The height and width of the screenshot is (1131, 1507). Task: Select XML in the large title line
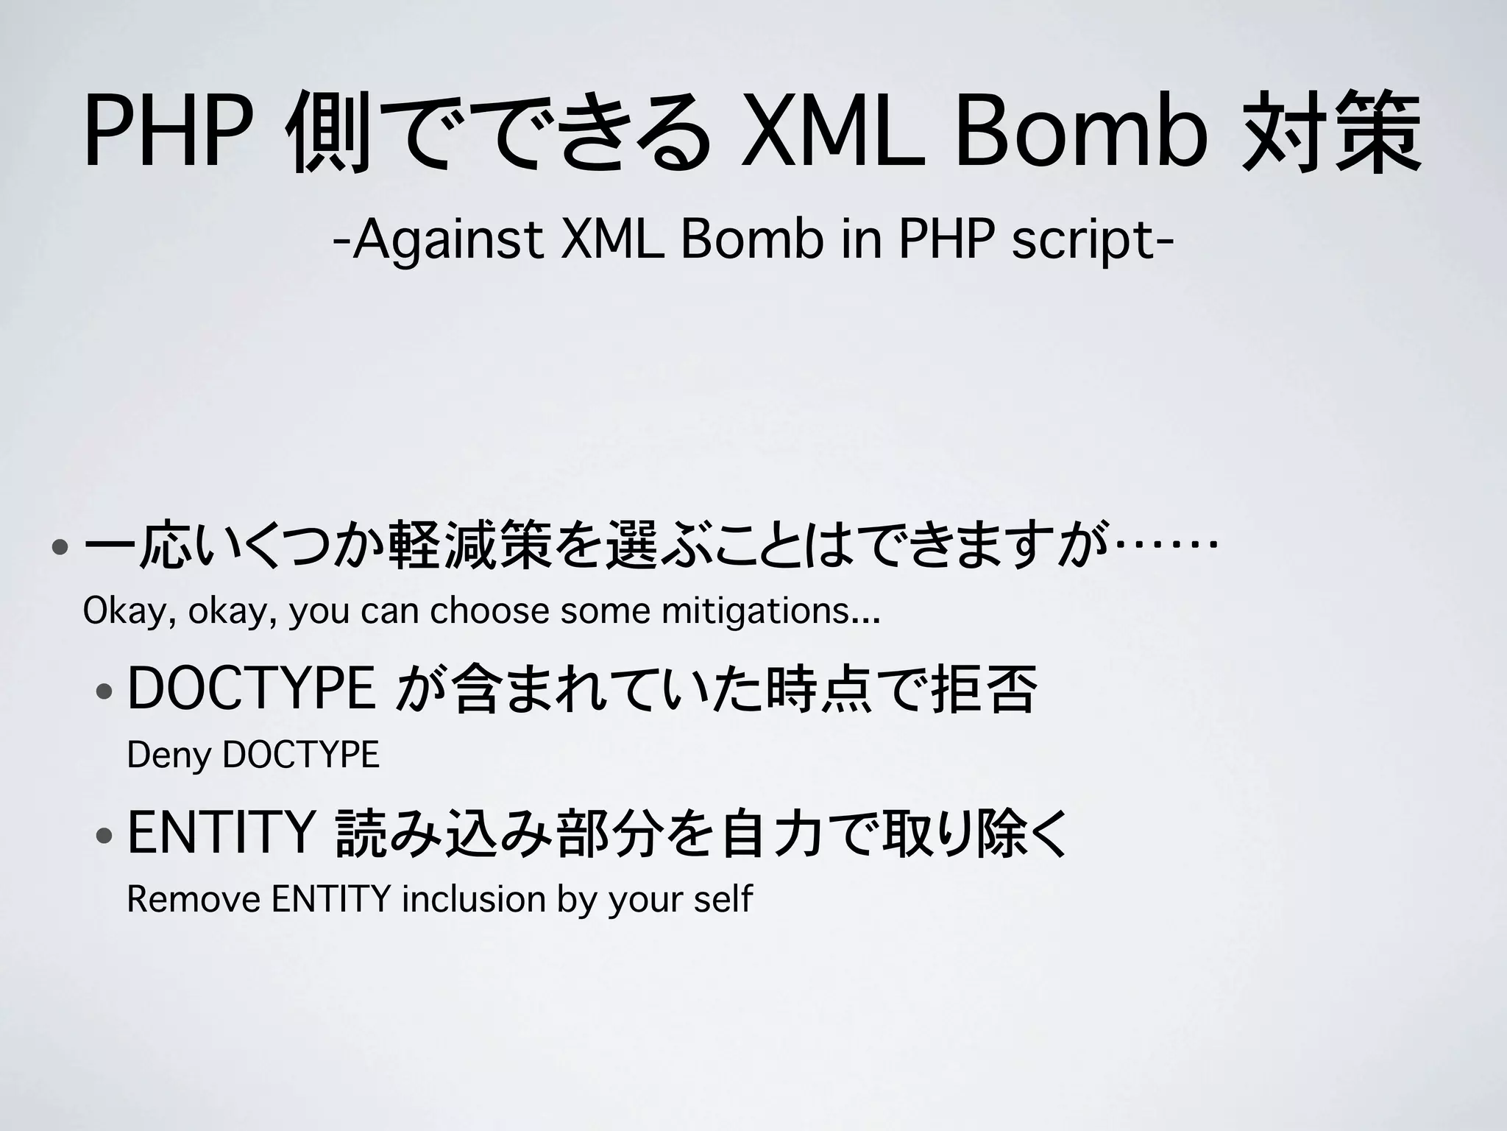click(x=831, y=134)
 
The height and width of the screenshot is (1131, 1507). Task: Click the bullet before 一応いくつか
click(x=60, y=548)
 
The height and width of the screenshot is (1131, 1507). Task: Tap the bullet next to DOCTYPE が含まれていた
click(x=104, y=691)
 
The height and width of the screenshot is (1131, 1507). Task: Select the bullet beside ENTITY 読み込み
click(x=104, y=836)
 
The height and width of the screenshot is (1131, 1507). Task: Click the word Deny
click(x=169, y=755)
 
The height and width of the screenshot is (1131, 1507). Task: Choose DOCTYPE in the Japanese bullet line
click(x=251, y=688)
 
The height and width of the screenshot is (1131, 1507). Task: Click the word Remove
click(x=194, y=899)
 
